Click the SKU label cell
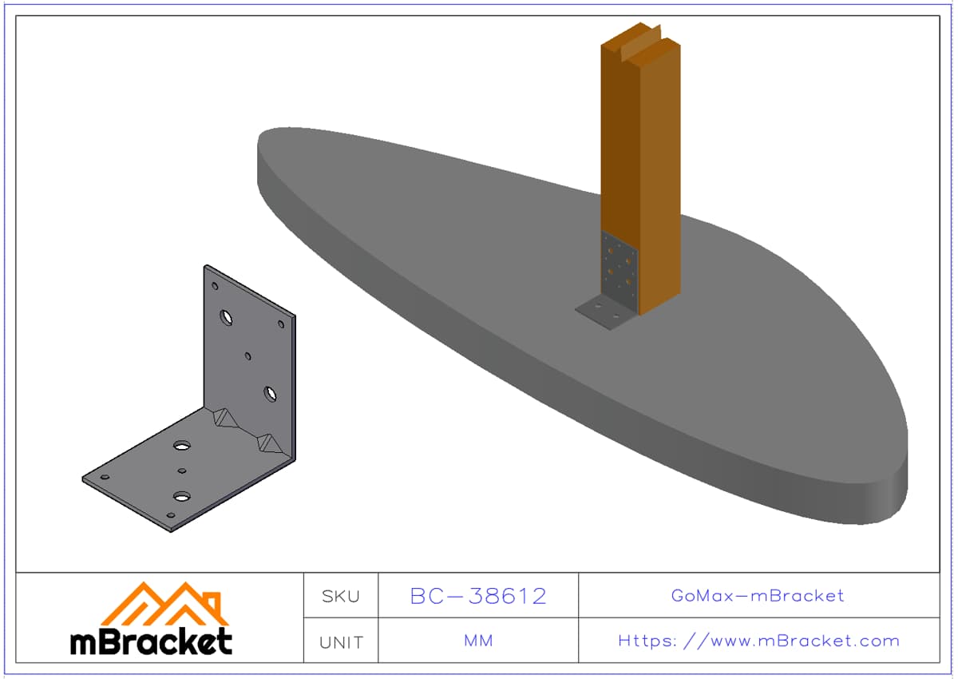[x=341, y=597]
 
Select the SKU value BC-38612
[x=478, y=596]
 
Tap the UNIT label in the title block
[x=341, y=642]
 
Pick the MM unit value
[x=478, y=641]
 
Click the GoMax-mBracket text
[x=758, y=596]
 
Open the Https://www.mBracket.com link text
[x=758, y=641]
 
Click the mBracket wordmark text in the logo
[x=151, y=641]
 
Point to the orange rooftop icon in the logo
[x=164, y=603]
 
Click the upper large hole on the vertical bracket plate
[x=226, y=318]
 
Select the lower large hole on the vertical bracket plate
[x=270, y=394]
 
